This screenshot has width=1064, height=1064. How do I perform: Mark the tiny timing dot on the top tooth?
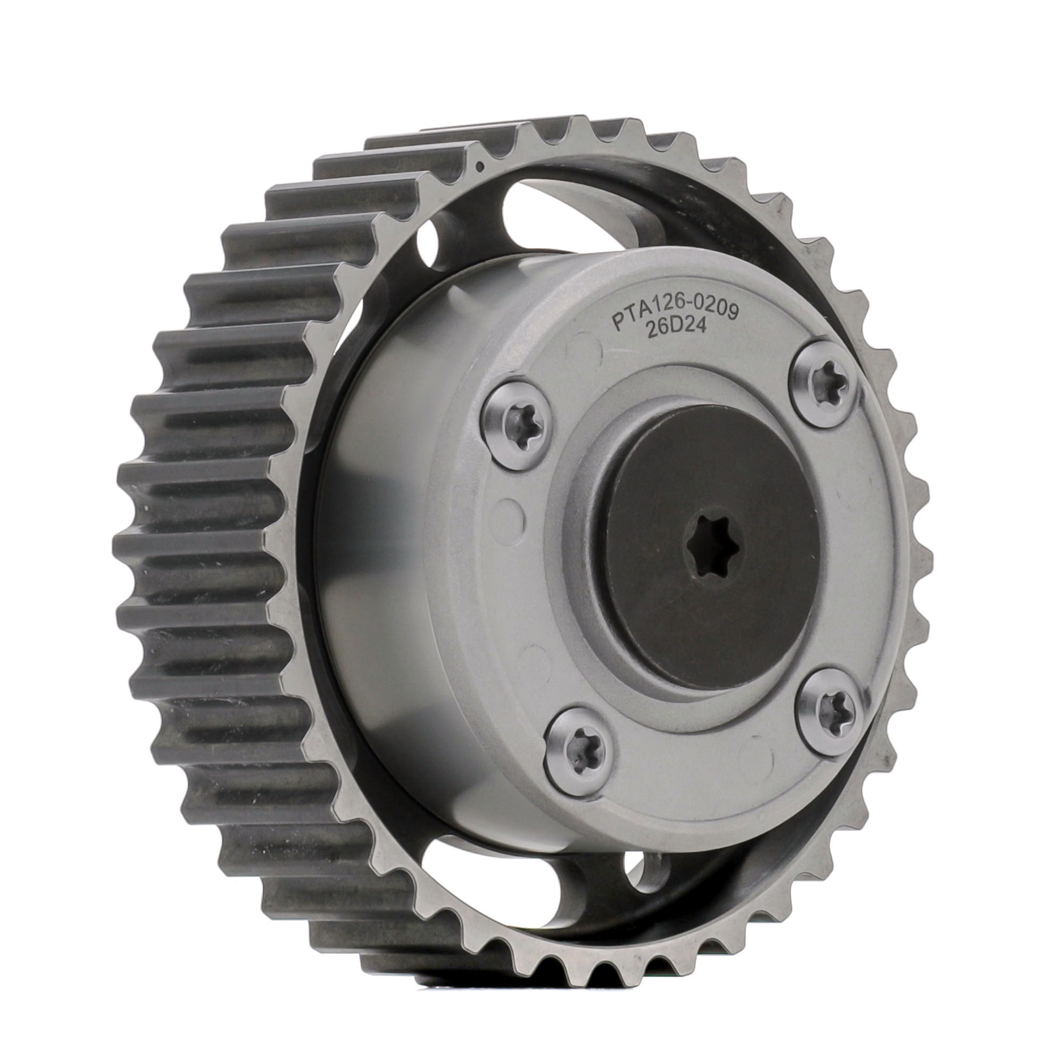480,163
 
